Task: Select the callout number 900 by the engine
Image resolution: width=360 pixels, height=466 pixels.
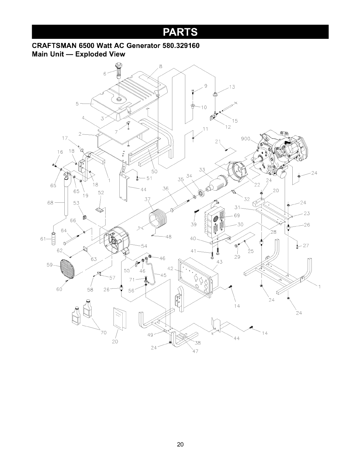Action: pos(245,139)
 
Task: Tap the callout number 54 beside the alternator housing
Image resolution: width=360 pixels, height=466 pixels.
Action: pos(144,246)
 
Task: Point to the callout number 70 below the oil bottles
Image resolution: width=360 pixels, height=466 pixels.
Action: pos(104,333)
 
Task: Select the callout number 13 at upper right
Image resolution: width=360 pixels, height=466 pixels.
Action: pos(232,87)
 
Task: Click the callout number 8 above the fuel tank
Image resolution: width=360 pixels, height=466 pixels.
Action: pos(161,66)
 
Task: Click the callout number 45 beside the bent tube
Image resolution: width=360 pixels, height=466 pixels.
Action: pos(164,275)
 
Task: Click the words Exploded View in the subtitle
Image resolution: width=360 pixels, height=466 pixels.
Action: pos(100,54)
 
